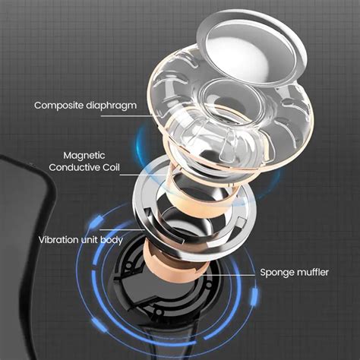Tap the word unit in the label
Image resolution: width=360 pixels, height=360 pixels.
coord(100,240)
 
